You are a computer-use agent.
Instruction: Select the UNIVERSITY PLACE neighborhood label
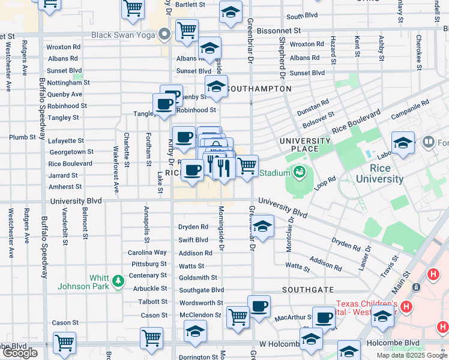(x=305, y=145)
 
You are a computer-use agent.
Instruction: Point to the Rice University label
(x=379, y=173)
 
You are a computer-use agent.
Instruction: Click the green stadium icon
(x=298, y=173)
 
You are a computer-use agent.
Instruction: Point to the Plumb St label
(x=22, y=137)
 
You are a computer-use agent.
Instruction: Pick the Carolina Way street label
(x=147, y=253)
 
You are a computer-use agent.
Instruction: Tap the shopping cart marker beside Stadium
(x=247, y=166)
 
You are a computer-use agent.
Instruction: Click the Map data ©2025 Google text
(x=411, y=355)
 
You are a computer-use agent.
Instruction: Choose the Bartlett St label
(x=190, y=4)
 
